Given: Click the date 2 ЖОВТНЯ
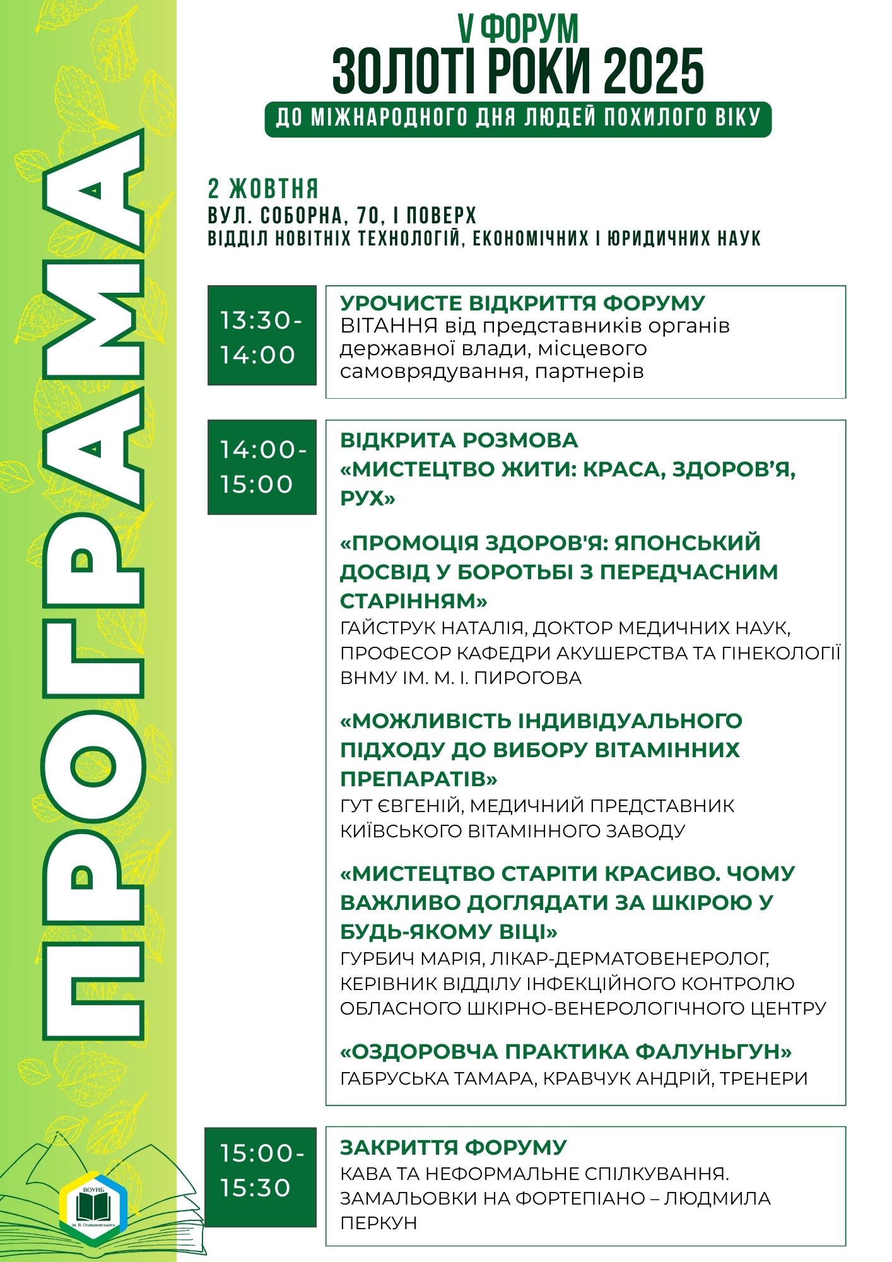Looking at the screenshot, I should pyautogui.click(x=263, y=189).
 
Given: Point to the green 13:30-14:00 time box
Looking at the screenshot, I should pyautogui.click(x=262, y=335).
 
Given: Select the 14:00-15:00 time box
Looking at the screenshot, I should pyautogui.click(x=262, y=467).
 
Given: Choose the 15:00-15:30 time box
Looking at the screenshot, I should pyautogui.click(x=262, y=1171).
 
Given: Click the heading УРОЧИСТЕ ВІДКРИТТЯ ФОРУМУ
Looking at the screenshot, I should pyautogui.click(x=522, y=303).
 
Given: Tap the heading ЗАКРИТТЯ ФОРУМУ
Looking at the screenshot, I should pyautogui.click(x=453, y=1147).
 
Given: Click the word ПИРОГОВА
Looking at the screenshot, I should pyautogui.click(x=527, y=678).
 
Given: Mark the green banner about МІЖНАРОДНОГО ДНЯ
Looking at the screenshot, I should pyautogui.click(x=517, y=119).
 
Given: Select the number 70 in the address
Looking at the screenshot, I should pyautogui.click(x=367, y=216).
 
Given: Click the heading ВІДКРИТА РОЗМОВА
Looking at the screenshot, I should pyautogui.click(x=459, y=440).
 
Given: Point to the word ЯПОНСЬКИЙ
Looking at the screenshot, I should pyautogui.click(x=688, y=543).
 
